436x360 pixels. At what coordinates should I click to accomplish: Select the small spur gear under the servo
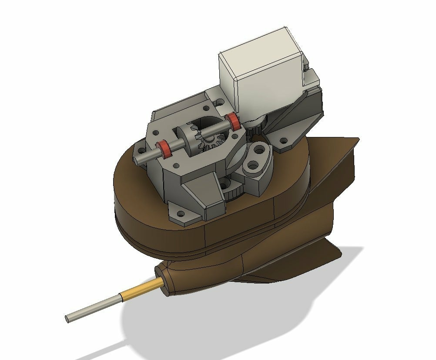(257, 126)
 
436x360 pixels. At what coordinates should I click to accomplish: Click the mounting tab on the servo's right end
(312, 78)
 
